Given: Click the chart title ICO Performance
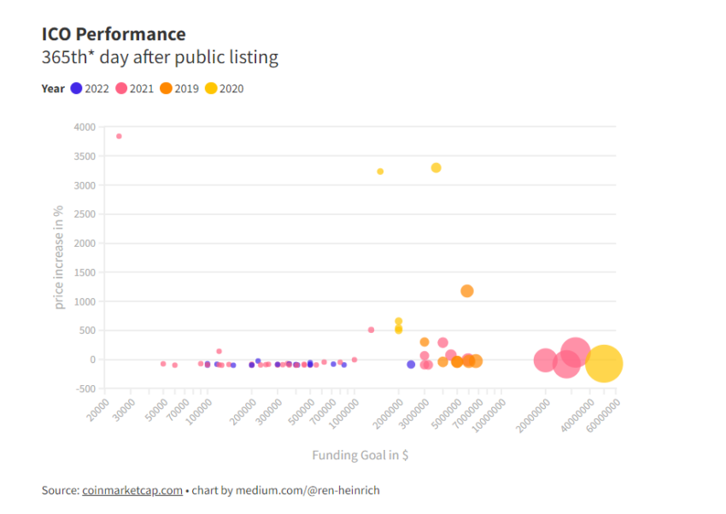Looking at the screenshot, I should coord(114,34).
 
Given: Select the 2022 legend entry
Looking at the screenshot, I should coord(90,88).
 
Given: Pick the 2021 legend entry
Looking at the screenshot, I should coord(135,88).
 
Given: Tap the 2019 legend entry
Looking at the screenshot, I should coord(179,88).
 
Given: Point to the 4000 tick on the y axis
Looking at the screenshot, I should coord(84,127).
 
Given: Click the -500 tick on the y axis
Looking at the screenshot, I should coord(84,388).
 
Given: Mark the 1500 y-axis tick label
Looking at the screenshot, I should coord(84,272).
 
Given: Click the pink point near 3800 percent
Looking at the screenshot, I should coord(119,136).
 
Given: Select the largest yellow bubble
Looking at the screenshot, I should coord(604,364).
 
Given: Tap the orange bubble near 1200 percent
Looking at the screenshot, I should coord(467,291).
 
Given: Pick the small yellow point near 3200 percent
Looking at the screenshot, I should coord(380,172).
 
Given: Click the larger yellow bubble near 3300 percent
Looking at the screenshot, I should coord(436,167).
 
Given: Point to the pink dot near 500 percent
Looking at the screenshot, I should coord(371,330).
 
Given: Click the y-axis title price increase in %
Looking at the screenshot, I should coord(59,257).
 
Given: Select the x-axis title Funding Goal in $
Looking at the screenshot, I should coord(360,455).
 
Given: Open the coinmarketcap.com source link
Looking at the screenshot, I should coord(132,490).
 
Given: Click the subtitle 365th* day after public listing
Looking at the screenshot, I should coord(160,58).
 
